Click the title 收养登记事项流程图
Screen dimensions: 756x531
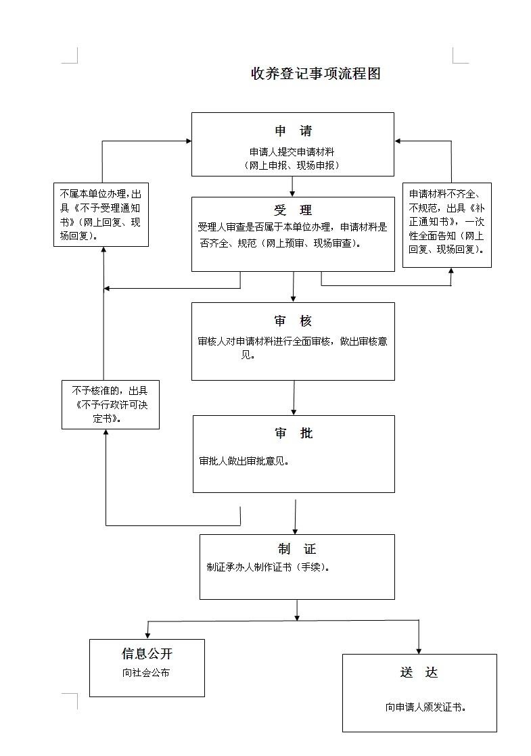[x=316, y=74]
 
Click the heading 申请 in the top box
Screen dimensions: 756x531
[x=293, y=131]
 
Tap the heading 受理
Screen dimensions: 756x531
[x=293, y=210]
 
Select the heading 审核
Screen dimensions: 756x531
[x=293, y=321]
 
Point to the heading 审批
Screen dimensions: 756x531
[x=294, y=433]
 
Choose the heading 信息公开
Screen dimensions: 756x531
[x=147, y=653]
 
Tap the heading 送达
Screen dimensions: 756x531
[x=419, y=672]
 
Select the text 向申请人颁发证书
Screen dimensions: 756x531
[x=425, y=707]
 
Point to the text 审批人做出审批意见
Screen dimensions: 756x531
[x=244, y=461]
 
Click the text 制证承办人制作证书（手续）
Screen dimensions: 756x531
[x=269, y=567]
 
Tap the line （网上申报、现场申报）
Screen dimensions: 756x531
[x=292, y=165]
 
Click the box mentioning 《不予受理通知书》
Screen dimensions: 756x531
[x=101, y=214]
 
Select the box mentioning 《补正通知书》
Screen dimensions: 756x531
[x=446, y=225]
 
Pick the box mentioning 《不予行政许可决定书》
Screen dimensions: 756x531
[x=110, y=404]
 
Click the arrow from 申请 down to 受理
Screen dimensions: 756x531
[x=293, y=187]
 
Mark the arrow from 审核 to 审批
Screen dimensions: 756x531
[x=294, y=398]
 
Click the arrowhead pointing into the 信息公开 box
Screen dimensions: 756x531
[x=147, y=634]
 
